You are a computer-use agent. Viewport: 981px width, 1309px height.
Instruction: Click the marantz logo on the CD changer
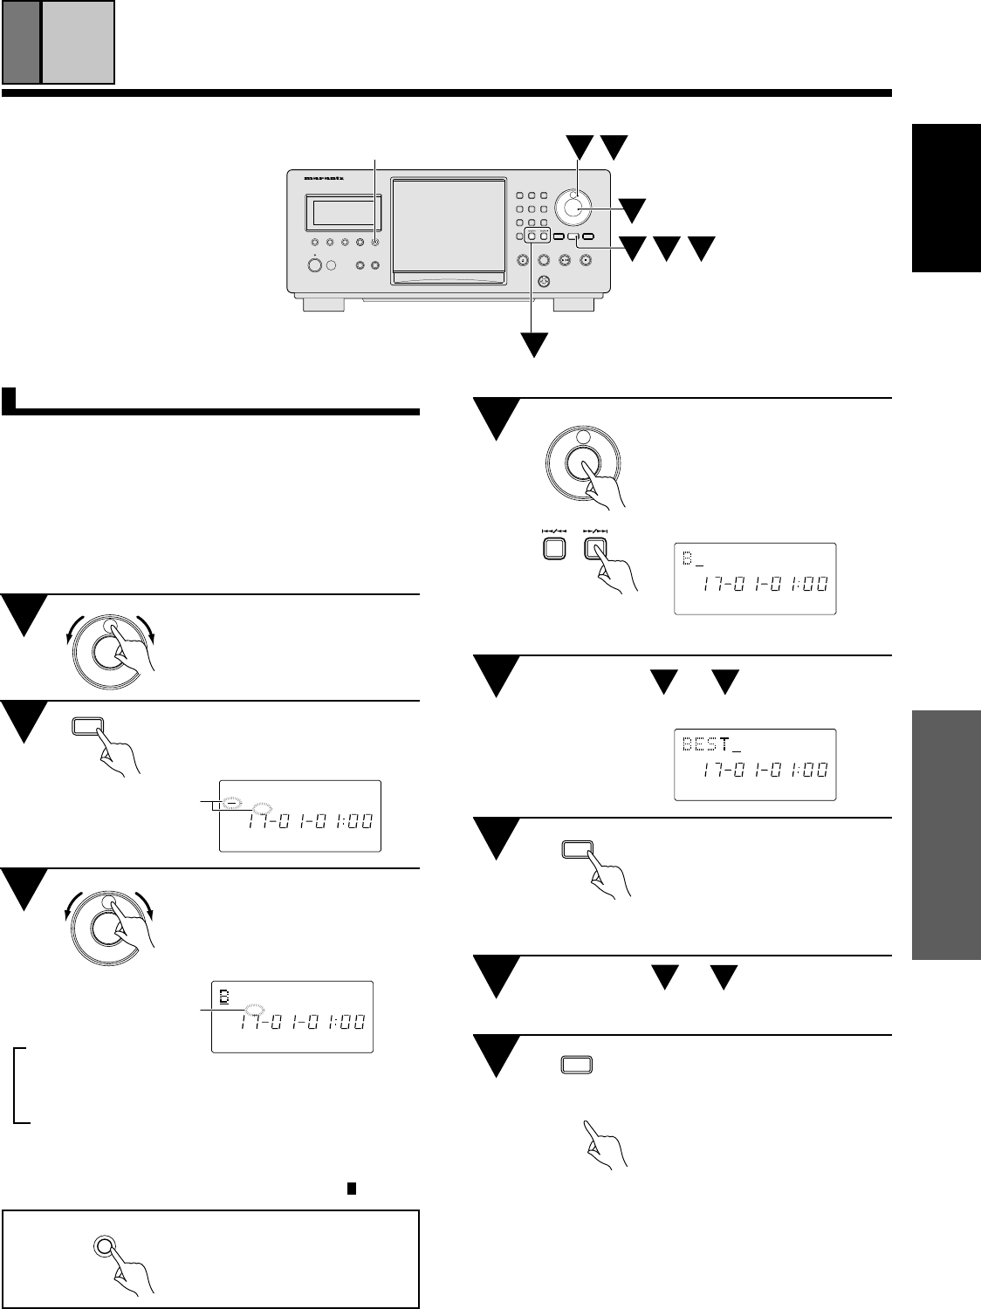(x=324, y=178)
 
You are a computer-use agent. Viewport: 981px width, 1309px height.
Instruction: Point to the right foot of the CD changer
(x=573, y=303)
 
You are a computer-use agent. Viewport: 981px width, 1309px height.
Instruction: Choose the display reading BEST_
(x=755, y=764)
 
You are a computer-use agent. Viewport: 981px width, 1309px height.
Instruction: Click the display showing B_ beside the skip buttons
(x=755, y=579)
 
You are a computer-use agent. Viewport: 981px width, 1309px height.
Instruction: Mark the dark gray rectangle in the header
(x=21, y=42)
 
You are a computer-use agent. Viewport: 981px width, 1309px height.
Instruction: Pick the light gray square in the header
(x=78, y=42)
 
